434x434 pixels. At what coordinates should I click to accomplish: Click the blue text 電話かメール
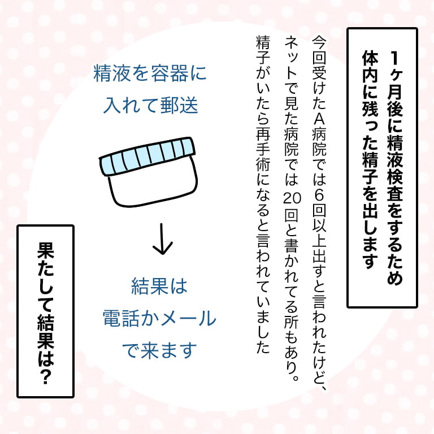coord(159,319)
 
